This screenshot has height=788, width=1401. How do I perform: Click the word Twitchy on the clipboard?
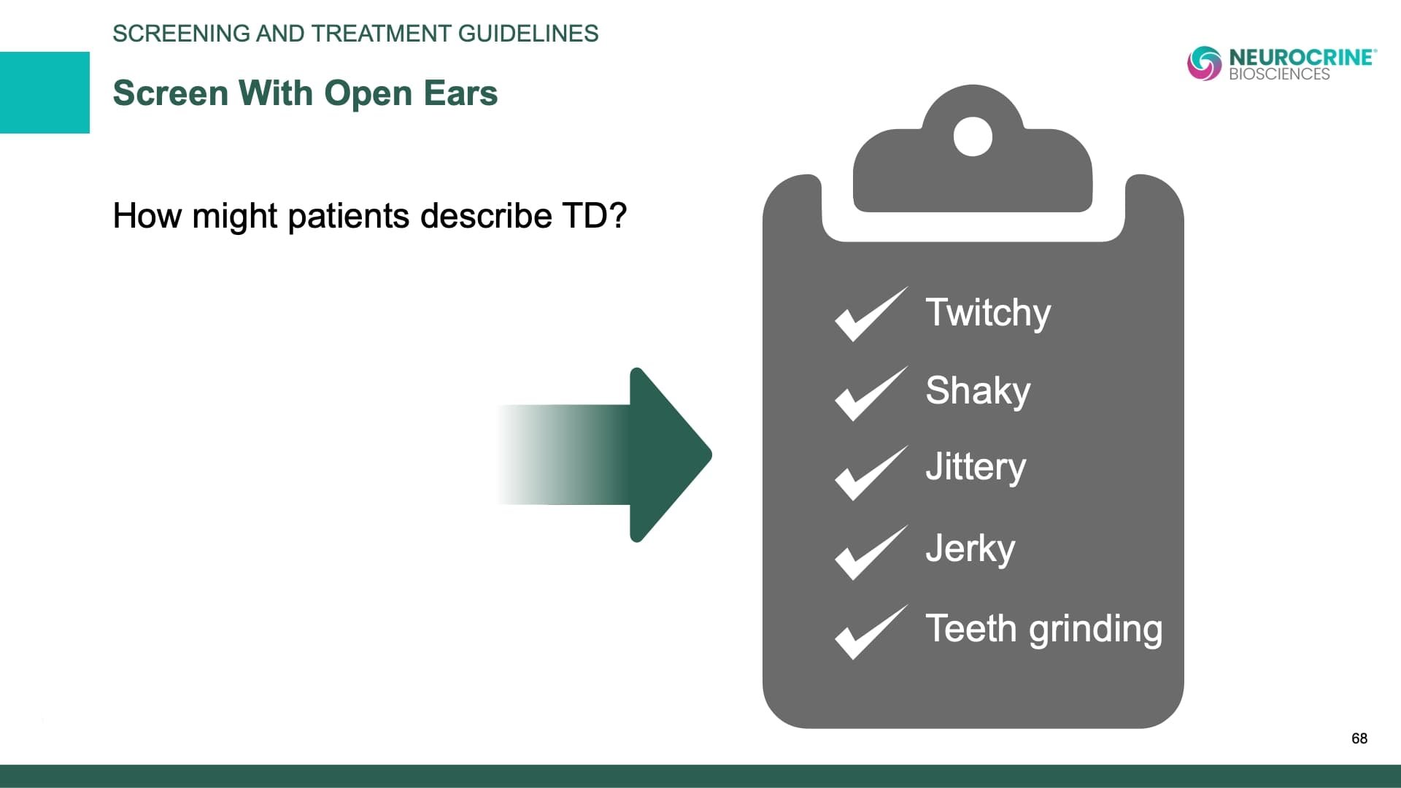pos(988,314)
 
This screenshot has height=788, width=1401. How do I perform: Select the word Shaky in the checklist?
pos(978,391)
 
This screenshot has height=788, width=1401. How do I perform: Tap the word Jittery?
pos(976,467)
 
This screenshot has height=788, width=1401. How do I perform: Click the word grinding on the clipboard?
pos(1095,630)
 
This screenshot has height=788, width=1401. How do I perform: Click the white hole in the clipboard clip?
pos(973,136)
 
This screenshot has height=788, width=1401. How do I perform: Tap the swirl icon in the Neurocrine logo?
pos(1204,63)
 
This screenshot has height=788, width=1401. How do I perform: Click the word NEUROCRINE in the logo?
pos(1302,57)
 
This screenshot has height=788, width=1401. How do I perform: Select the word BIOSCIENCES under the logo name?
pos(1279,74)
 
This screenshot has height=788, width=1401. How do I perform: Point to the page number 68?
pos(1359,738)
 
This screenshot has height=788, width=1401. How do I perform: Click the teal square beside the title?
pos(45,93)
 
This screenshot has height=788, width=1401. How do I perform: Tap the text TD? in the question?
pos(594,216)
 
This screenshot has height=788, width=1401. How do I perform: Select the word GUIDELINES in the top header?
pos(528,34)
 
